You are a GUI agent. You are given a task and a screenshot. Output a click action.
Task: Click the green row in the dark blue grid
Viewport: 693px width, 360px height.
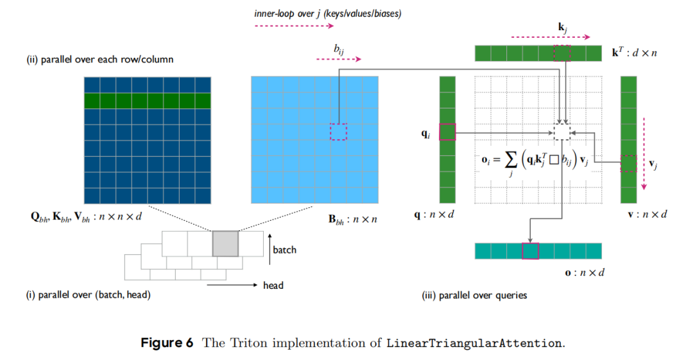[x=148, y=101]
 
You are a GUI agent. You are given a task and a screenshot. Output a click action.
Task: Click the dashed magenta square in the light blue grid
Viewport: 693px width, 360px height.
[x=338, y=132]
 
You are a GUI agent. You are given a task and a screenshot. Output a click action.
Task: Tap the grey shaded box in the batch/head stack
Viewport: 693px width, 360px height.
[x=225, y=244]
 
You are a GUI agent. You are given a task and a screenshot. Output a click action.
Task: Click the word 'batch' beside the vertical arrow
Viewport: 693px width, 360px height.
[x=284, y=250]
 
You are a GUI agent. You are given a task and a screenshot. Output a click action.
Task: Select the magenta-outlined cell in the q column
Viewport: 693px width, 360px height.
[x=447, y=132]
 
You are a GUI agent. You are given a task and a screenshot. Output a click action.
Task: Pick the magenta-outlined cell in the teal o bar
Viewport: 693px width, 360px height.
[x=530, y=251]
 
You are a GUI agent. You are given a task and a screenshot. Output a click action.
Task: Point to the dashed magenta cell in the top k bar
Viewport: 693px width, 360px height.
[x=562, y=53]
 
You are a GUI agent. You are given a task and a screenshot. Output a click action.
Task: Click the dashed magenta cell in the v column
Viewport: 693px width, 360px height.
[x=629, y=164]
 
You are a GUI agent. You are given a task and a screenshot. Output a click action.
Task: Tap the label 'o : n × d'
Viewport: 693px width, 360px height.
[x=585, y=273]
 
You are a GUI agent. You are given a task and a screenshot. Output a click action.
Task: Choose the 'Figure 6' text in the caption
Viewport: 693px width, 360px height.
[x=167, y=342]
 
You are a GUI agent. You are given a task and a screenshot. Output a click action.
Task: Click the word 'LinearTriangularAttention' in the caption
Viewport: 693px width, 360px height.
[x=475, y=343]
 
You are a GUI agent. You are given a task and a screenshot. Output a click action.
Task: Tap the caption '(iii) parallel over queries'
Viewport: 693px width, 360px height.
[x=474, y=295]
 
